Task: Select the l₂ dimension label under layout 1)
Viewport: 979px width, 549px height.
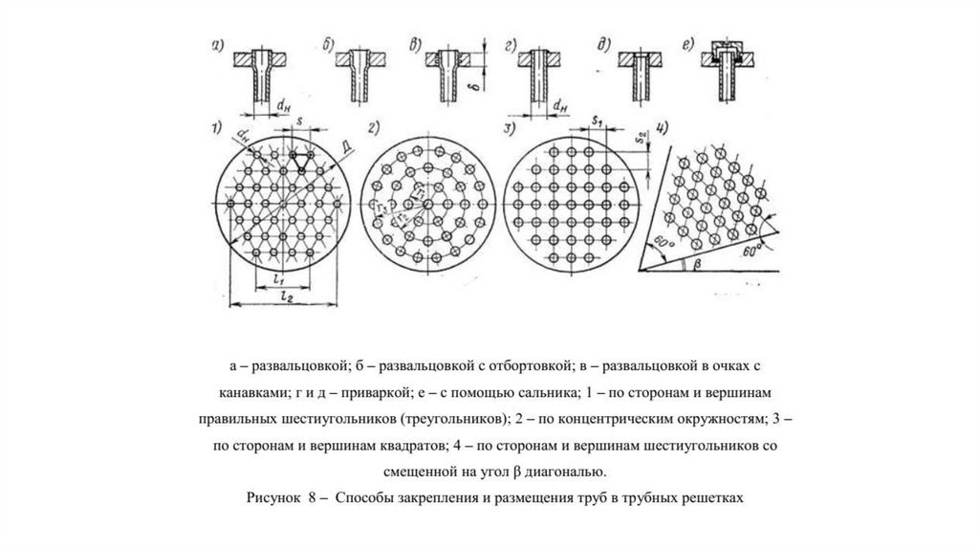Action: click(x=282, y=298)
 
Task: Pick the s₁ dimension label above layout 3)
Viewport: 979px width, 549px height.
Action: click(x=595, y=122)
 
